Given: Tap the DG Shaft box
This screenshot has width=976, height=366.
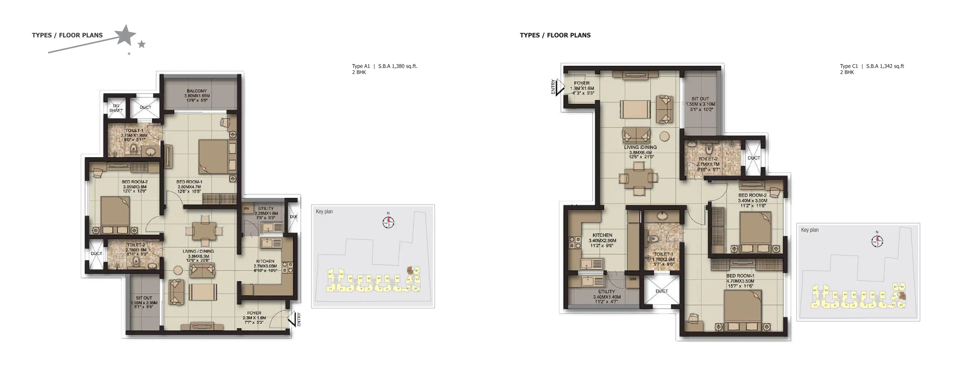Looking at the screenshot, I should (x=116, y=108).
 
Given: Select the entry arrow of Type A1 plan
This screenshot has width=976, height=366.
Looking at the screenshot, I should (x=292, y=319).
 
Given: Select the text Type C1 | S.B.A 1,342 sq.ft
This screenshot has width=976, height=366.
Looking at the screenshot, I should (x=872, y=66).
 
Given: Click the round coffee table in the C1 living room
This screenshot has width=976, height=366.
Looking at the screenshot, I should (x=664, y=136).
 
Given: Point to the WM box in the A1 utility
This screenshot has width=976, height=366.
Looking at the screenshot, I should (x=246, y=209).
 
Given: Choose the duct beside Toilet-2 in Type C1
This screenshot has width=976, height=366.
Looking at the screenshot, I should (x=753, y=158).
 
